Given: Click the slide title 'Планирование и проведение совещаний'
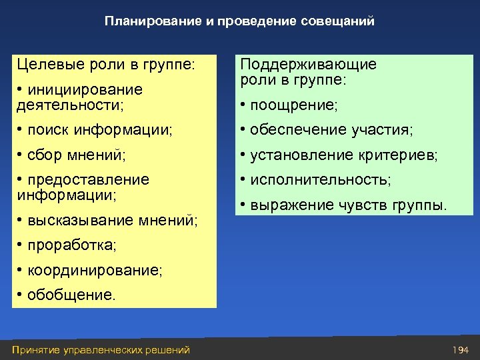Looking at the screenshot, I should click(x=239, y=21).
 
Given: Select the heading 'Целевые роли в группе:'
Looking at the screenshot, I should click(x=106, y=65).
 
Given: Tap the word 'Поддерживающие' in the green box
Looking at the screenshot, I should click(x=308, y=65).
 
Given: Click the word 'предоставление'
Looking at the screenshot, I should click(x=88, y=180).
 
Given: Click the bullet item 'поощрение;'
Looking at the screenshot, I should click(x=293, y=105).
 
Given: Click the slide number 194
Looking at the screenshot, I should click(x=461, y=349).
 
